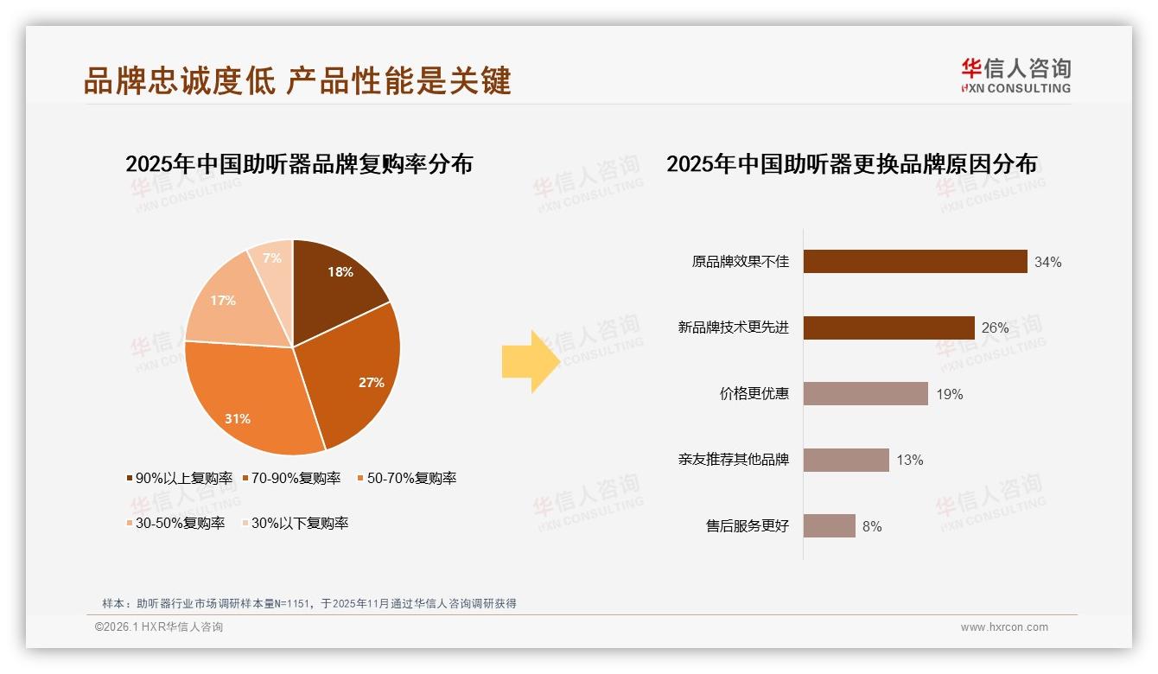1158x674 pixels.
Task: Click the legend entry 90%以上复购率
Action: pos(180,478)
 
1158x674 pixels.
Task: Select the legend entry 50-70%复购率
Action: pos(406,478)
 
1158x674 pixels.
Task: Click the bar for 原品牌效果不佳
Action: pos(914,262)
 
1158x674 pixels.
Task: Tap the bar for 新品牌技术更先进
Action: pos(888,327)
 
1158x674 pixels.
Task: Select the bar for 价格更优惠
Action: pos(865,394)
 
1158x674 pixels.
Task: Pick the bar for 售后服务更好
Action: pos(829,525)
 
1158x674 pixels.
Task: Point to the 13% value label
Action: pos(909,460)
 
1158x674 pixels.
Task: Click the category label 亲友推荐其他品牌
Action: pos(733,460)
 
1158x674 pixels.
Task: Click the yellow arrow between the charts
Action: pos(530,361)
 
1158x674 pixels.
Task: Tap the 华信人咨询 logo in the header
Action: pos(1015,75)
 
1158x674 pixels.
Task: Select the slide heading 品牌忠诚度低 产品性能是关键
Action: pos(297,80)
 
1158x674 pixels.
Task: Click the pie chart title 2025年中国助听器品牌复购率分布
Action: pos(299,164)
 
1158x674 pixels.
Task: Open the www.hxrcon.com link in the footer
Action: pos(1004,627)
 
